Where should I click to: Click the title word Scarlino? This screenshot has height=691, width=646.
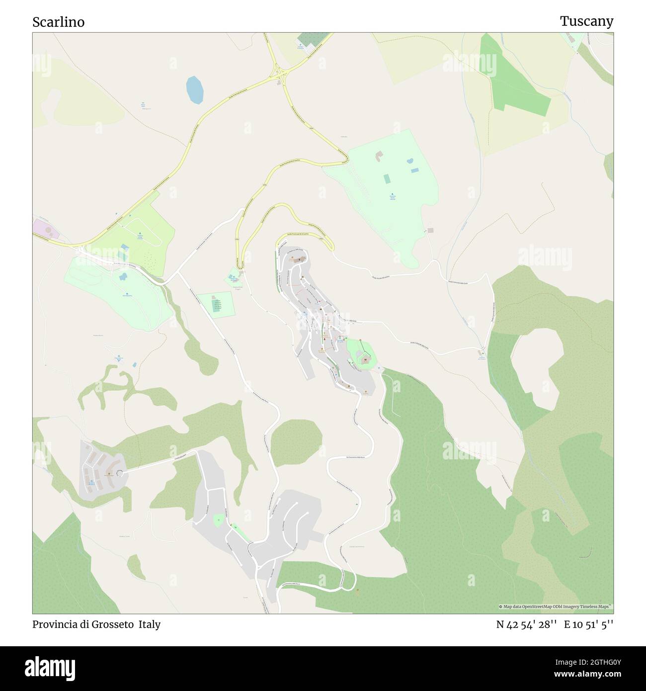coord(59,22)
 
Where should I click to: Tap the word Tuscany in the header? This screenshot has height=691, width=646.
coord(586,21)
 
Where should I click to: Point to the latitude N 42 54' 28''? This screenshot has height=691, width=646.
coord(526,624)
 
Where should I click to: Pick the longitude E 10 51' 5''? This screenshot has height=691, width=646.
coord(588,624)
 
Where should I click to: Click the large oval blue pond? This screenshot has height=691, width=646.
coord(194,89)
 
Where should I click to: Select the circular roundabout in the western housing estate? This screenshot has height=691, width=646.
coord(119,473)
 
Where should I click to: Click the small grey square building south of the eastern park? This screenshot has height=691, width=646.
coord(430,230)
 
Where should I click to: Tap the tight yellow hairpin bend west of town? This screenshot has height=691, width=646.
coord(239,262)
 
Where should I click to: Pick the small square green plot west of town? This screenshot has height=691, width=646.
coord(216,304)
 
